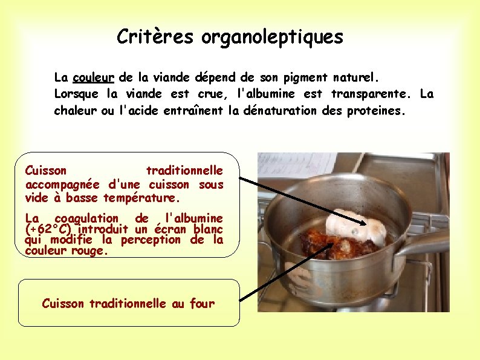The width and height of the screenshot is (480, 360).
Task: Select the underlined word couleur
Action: tap(94, 78)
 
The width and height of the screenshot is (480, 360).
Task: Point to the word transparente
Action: tap(370, 94)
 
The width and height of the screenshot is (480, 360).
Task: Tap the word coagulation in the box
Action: tap(86, 218)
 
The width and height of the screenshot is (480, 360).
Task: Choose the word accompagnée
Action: tap(63, 185)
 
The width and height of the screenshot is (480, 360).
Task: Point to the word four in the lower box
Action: tap(202, 304)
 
